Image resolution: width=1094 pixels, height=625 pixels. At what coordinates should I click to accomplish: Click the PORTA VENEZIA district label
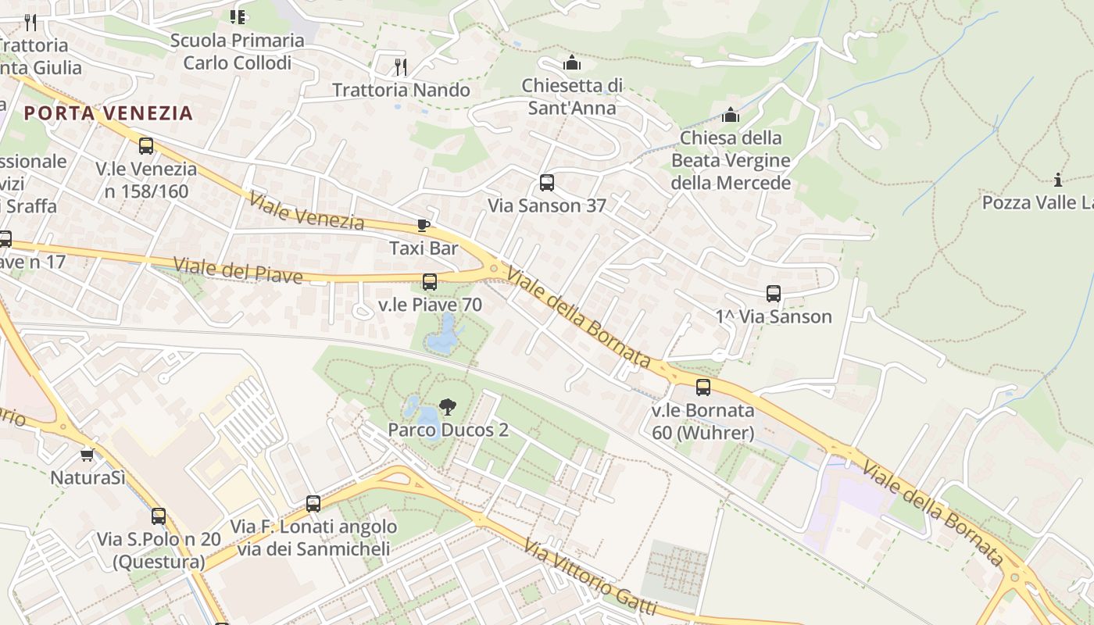point(108,113)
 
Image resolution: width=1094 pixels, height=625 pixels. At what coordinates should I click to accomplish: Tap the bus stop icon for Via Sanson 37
point(547,183)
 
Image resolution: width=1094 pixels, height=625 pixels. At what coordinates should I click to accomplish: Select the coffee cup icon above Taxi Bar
point(424,226)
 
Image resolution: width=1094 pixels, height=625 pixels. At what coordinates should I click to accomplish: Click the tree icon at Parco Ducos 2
point(448,406)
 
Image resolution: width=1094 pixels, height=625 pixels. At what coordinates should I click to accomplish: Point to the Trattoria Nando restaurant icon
point(401,67)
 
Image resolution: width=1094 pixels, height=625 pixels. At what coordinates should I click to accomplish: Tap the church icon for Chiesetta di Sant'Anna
point(572,62)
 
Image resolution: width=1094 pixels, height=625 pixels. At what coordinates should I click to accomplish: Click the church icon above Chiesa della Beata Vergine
point(731,116)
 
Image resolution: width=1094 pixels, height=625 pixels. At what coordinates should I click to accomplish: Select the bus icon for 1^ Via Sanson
point(774,294)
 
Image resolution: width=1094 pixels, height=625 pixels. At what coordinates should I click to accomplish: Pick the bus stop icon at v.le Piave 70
point(430,282)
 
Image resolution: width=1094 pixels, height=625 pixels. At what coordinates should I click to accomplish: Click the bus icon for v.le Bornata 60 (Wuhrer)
point(703,387)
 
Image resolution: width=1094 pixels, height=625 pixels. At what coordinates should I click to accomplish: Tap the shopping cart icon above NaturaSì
point(87,455)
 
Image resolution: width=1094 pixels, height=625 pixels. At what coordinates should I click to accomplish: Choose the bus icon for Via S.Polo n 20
point(159,516)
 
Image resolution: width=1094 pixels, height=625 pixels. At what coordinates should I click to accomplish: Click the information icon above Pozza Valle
point(1058,180)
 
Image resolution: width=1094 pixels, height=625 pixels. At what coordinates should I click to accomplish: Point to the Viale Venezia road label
point(306,211)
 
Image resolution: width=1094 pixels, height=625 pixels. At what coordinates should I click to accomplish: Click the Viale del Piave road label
point(238,270)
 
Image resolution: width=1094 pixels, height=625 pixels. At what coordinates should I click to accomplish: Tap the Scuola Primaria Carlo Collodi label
point(237,51)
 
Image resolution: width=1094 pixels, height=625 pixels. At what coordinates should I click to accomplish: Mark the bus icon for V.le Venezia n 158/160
point(146,146)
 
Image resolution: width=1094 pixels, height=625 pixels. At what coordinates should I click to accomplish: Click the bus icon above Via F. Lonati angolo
point(313,504)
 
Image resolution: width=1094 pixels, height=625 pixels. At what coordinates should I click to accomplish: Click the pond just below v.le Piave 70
point(442,336)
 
